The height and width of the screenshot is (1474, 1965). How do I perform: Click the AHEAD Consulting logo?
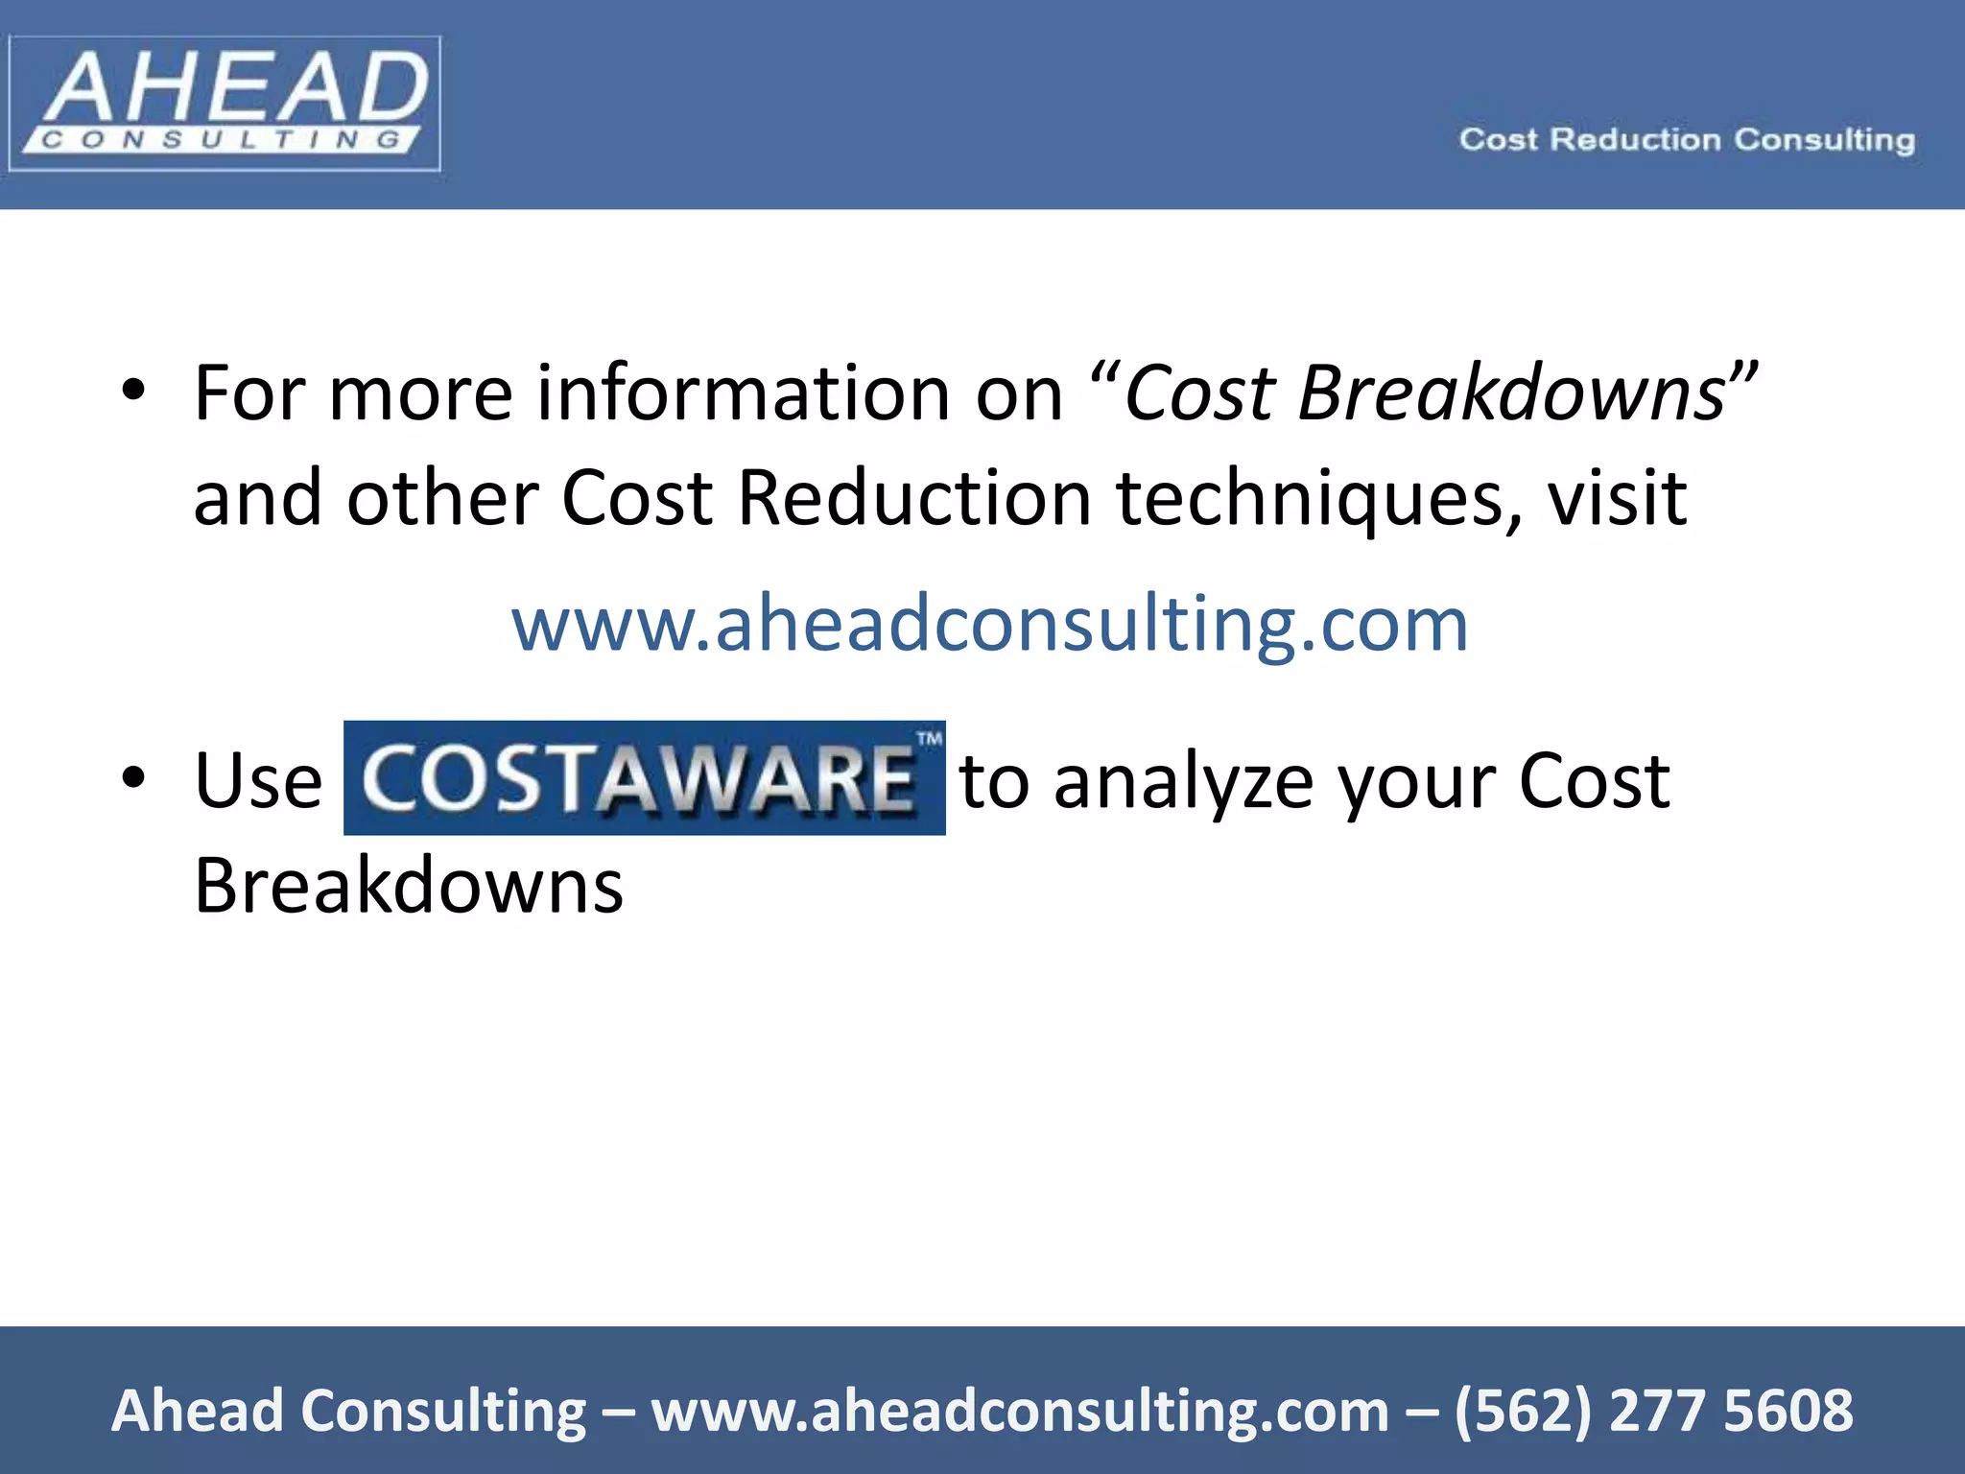[225, 104]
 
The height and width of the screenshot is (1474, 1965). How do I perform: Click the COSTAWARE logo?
[644, 778]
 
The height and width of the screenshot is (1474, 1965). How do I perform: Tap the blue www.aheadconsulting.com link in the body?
[989, 625]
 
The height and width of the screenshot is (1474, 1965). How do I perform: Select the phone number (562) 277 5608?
[1653, 1411]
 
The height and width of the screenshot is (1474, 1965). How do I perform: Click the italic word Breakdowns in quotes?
[1511, 393]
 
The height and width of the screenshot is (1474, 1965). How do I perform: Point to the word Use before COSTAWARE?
[258, 781]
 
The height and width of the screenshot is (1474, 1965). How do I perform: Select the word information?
[745, 393]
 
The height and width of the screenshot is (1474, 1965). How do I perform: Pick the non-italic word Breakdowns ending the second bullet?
[409, 885]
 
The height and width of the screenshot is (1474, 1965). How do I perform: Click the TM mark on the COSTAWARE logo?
[929, 739]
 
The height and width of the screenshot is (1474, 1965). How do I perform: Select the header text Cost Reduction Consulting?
[1687, 140]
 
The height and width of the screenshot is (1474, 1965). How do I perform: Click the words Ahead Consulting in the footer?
[348, 1411]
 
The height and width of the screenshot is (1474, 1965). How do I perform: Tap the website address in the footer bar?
[1020, 1411]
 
